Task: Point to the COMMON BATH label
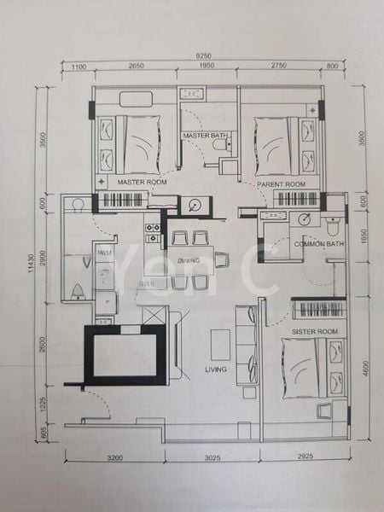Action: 319,245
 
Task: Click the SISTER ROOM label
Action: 315,330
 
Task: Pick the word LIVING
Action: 216,369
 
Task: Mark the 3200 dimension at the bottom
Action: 116,458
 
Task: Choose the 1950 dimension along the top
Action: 208,67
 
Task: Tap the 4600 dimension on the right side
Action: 364,372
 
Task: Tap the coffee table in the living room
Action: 220,344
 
